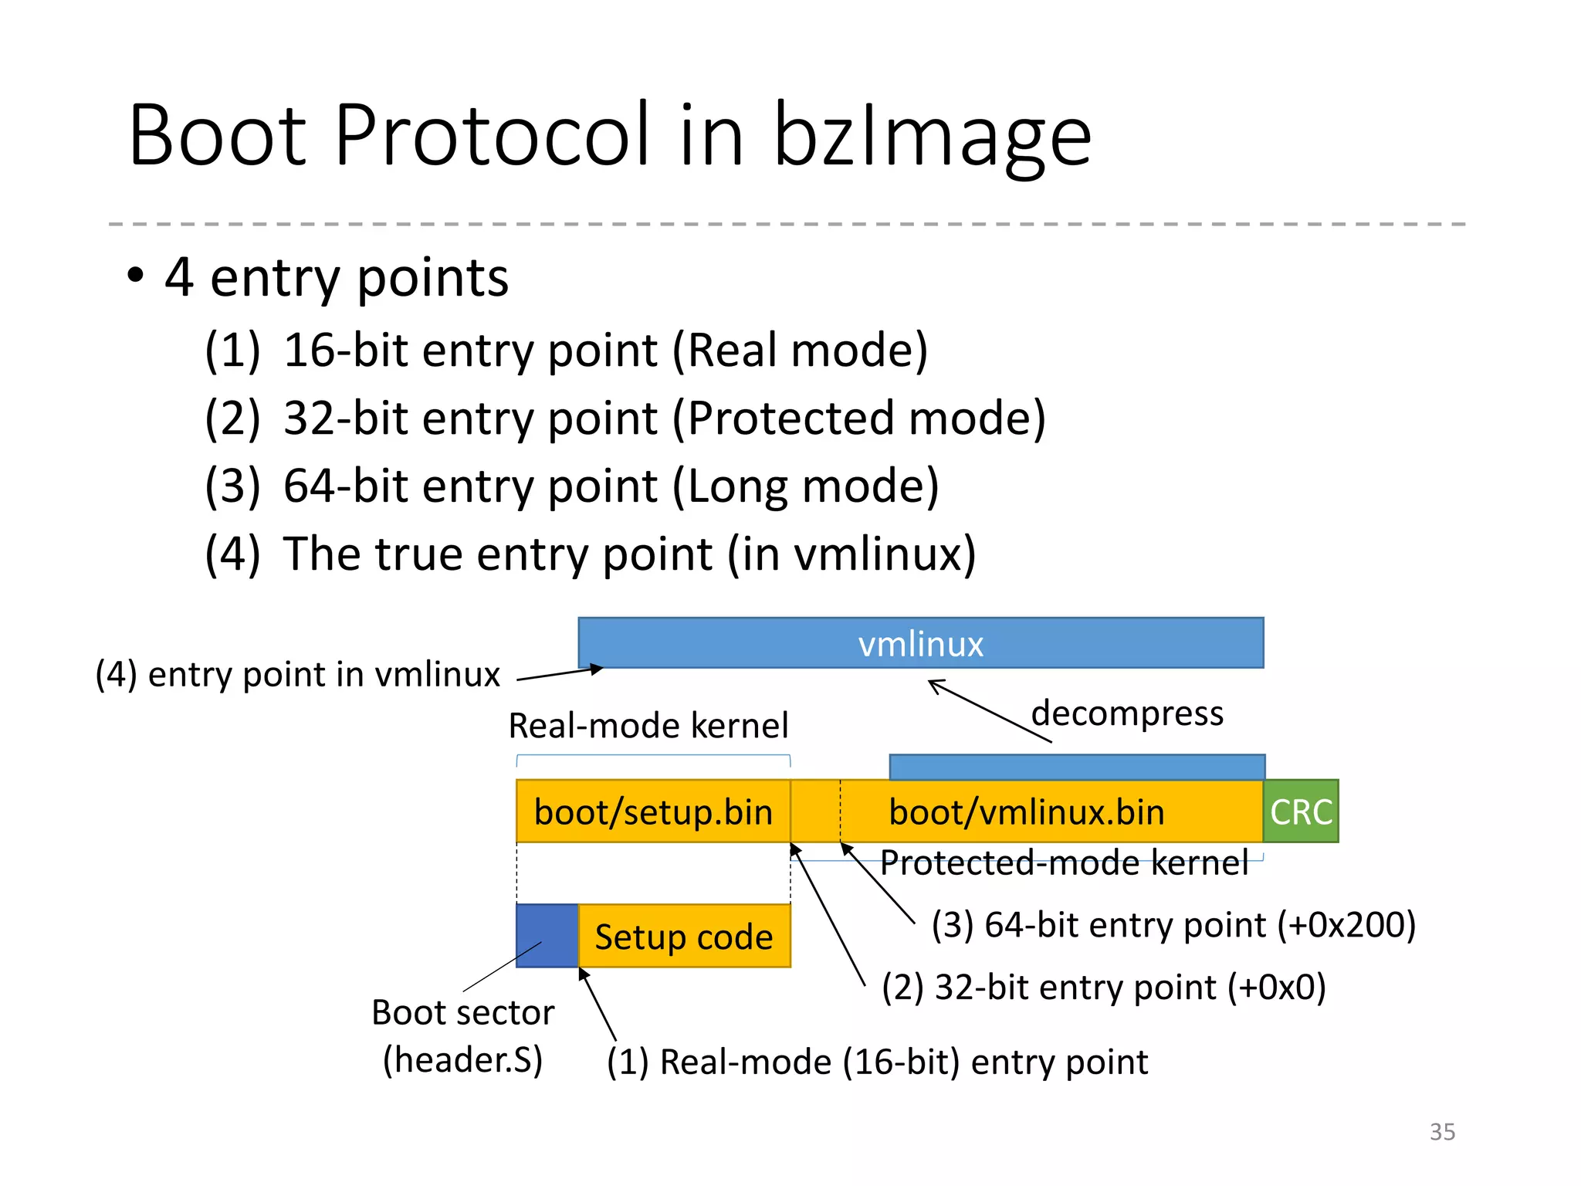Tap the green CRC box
click(x=1301, y=812)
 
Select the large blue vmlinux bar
click(x=920, y=643)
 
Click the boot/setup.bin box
click(x=653, y=812)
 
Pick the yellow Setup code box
click(x=684, y=937)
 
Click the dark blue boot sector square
click(x=547, y=935)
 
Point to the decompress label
click(x=1127, y=713)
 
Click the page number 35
click(x=1442, y=1131)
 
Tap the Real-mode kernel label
click(x=648, y=726)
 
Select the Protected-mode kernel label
click(x=1064, y=862)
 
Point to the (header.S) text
click(x=463, y=1059)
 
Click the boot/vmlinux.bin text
click(x=1026, y=812)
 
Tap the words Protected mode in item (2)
click(x=865, y=418)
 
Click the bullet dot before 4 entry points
click(x=136, y=276)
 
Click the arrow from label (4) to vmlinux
click(x=559, y=674)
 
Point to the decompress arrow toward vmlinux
click(x=990, y=711)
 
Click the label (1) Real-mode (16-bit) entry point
click(x=877, y=1062)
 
